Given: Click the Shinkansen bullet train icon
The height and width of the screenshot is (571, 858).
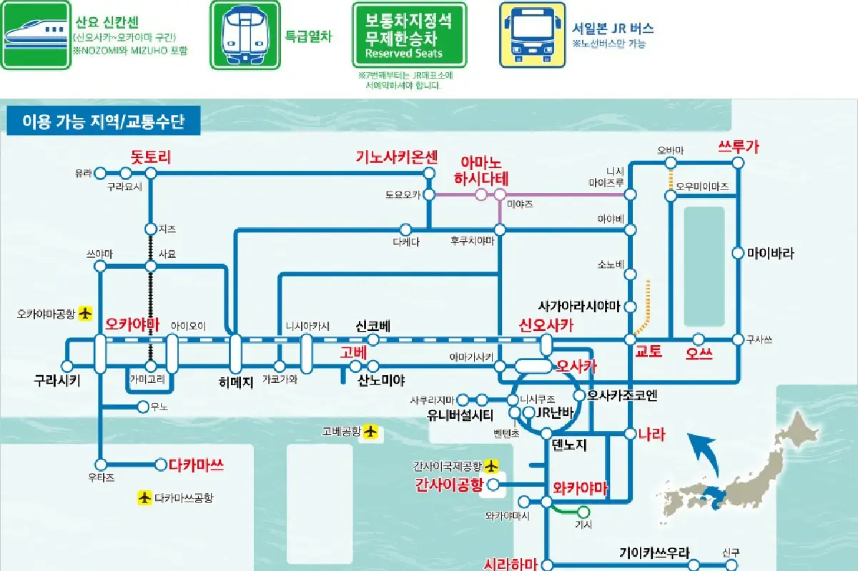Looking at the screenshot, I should click(36, 34).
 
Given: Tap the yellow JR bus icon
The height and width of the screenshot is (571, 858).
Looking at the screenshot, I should click(533, 34).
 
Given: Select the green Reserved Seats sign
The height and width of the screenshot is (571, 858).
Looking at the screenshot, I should click(409, 35).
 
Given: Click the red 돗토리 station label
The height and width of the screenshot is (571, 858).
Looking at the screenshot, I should click(151, 157).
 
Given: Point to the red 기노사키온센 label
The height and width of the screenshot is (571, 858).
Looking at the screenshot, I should click(397, 157).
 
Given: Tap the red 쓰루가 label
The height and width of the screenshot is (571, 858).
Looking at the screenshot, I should click(738, 147).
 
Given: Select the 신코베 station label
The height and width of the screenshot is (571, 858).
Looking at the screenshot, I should click(373, 326).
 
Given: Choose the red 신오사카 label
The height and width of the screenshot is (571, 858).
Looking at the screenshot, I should click(547, 326).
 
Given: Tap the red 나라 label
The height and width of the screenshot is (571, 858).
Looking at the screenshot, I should click(651, 434).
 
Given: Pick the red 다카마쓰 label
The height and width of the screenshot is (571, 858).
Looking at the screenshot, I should click(197, 465).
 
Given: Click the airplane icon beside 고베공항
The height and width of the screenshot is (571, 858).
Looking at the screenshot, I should click(370, 431).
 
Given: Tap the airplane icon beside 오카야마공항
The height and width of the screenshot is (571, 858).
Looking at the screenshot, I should click(86, 313).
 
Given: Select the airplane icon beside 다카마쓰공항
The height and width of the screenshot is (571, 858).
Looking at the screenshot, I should click(145, 497).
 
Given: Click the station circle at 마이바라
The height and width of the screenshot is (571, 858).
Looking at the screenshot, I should click(738, 252).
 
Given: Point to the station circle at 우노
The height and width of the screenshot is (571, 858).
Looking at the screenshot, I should click(142, 407).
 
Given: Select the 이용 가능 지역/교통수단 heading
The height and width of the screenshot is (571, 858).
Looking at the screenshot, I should click(104, 121).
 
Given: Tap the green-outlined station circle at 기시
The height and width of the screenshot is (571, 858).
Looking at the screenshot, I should click(583, 512).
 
